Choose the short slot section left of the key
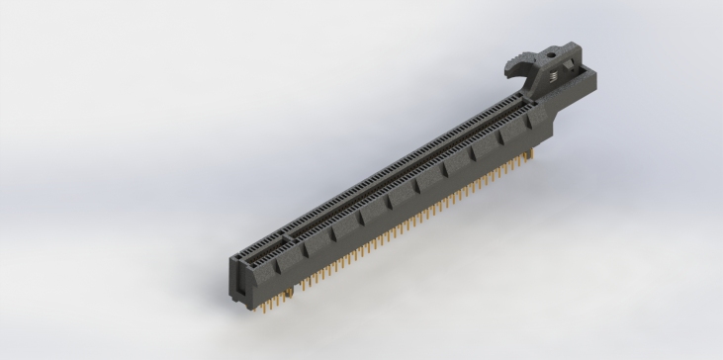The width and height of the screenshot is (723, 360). pyautogui.click(x=263, y=248)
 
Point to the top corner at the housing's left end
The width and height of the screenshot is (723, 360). pyautogui.click(x=232, y=256)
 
